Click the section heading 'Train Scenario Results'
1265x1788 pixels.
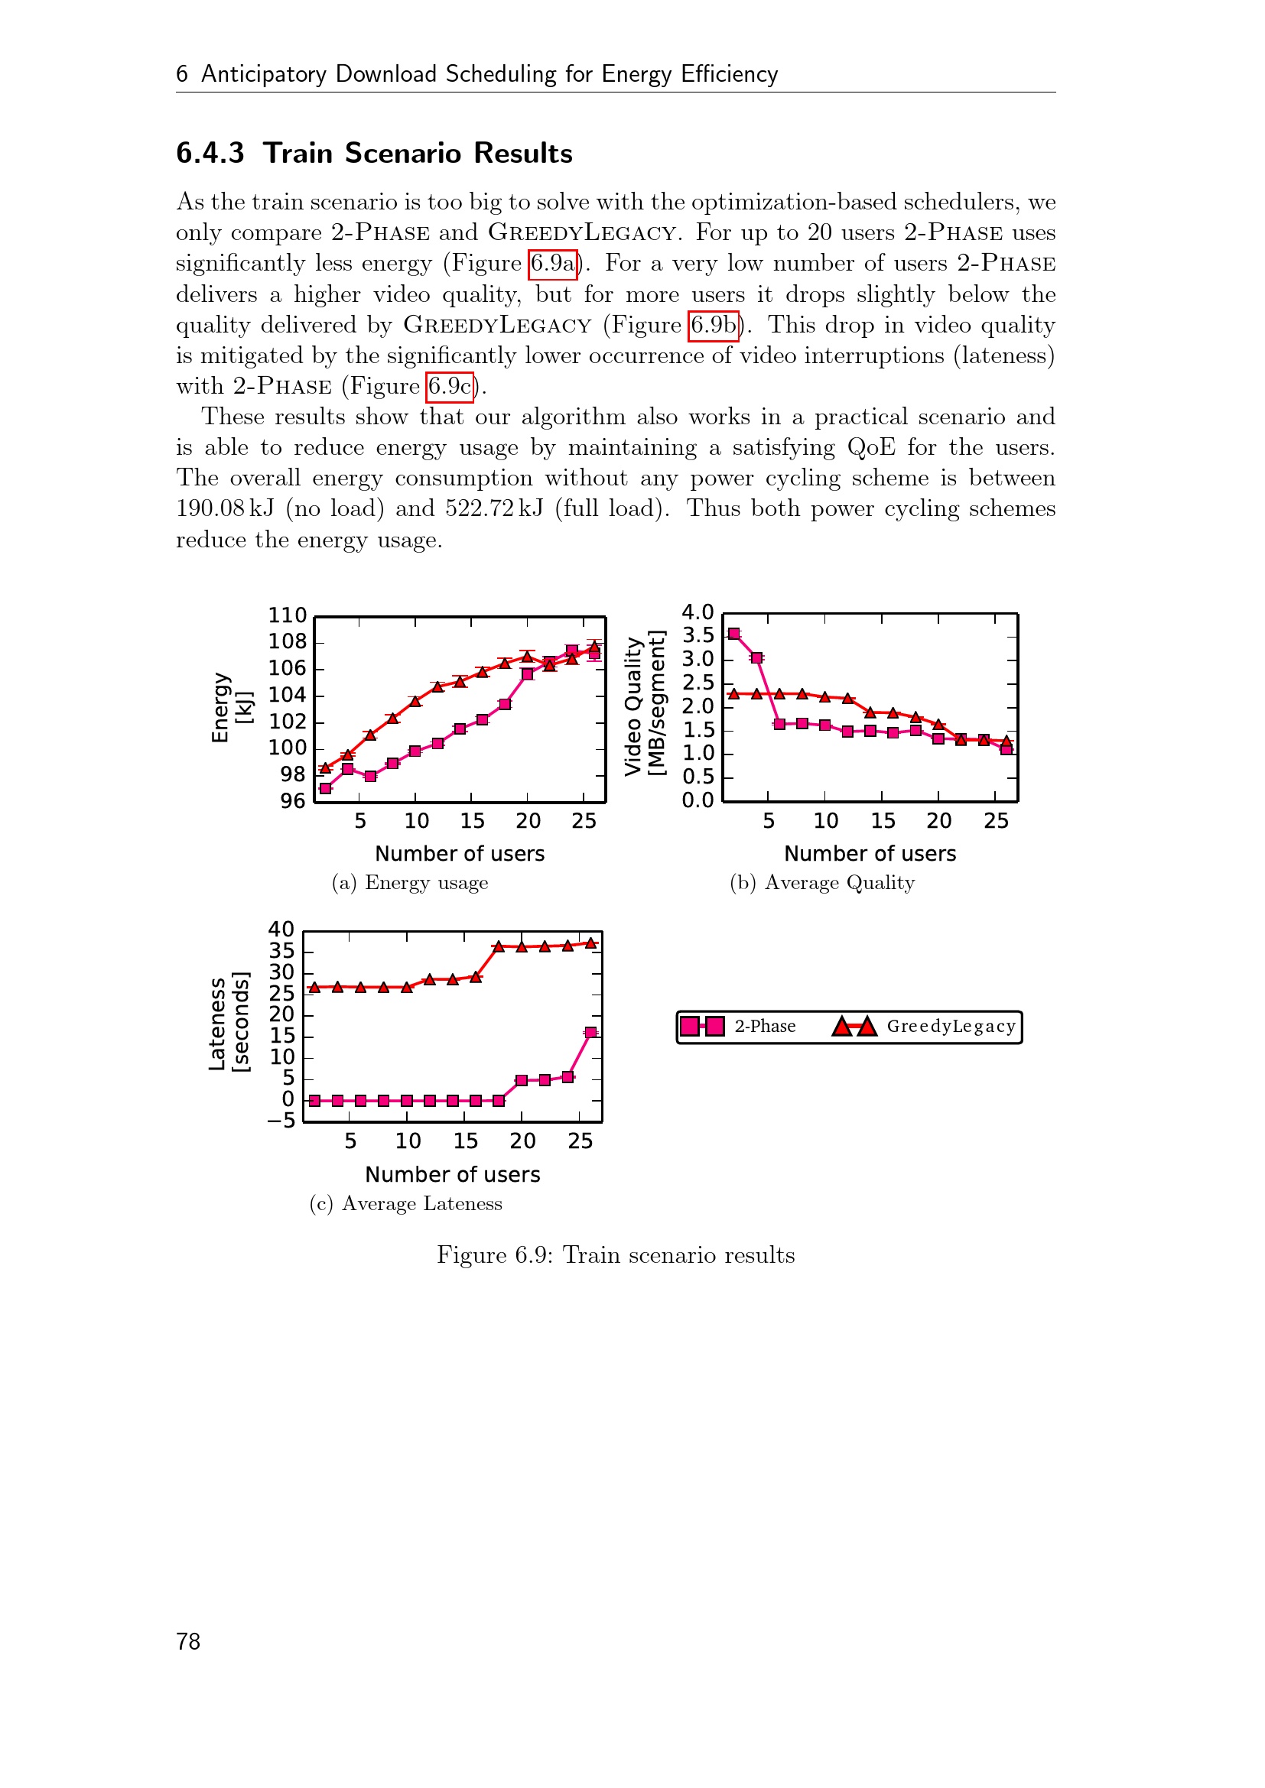pos(418,154)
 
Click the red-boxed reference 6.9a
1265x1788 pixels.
pos(552,264)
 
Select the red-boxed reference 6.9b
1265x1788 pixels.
pos(714,326)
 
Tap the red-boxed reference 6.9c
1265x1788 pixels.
pos(450,387)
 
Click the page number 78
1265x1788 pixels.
pos(188,1641)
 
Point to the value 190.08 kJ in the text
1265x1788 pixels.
pos(225,509)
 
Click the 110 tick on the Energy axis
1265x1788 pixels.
pos(288,616)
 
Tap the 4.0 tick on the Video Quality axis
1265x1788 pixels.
pos(698,613)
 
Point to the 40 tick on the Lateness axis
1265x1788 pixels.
pos(281,930)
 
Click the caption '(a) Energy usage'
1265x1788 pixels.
pos(410,883)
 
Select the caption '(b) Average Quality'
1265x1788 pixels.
pos(821,883)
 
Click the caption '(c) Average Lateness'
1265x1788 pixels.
pos(405,1204)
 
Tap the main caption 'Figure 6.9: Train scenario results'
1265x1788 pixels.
pos(616,1255)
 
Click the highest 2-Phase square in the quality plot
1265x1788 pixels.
pos(733,634)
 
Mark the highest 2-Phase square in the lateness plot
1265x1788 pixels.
pos(590,1033)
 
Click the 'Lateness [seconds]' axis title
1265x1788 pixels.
pos(229,1024)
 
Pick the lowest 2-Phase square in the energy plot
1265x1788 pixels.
pos(326,789)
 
